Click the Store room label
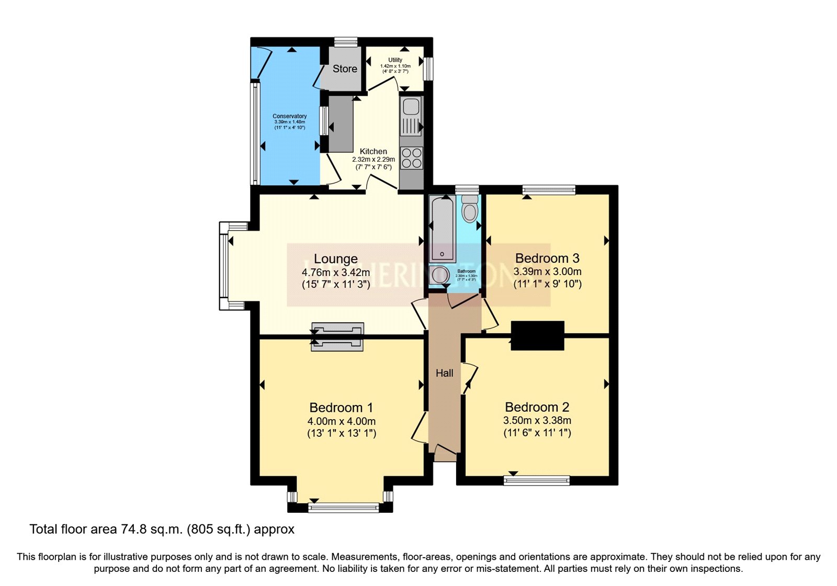[345, 69]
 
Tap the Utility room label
[395, 60]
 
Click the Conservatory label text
[289, 116]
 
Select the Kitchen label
[374, 151]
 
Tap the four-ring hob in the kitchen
[412, 158]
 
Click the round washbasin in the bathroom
[439, 275]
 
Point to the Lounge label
[336, 258]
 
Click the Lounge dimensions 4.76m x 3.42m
[336, 272]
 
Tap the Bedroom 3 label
[547, 258]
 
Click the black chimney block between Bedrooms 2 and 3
[537, 335]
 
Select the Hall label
[445, 373]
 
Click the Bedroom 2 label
[537, 407]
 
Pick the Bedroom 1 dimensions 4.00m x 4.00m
[342, 421]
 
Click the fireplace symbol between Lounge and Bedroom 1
[337, 336]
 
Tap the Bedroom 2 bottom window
[537, 480]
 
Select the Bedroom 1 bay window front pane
[344, 507]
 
